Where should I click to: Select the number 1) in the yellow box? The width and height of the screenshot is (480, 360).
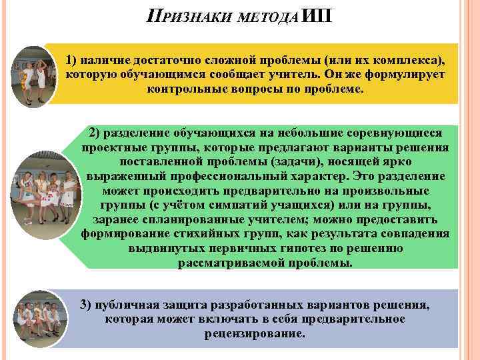(x=72, y=60)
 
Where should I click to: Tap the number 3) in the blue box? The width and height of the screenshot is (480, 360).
(x=85, y=305)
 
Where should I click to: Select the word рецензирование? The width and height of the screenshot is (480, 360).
(x=255, y=333)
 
